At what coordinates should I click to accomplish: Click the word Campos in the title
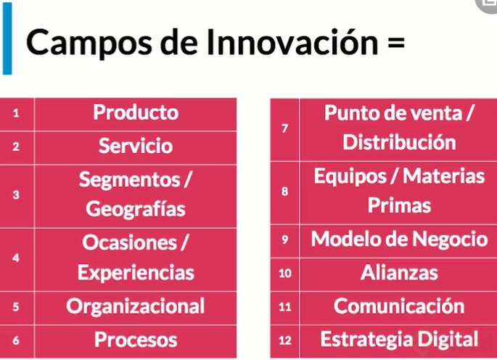[x=89, y=43]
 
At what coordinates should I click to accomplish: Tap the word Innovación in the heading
[x=292, y=41]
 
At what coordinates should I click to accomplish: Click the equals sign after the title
[x=396, y=43]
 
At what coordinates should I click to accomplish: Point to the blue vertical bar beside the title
[x=7, y=38]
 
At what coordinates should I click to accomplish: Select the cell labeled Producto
[x=136, y=114]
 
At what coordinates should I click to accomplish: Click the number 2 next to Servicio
[x=16, y=147]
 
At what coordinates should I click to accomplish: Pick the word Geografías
[x=136, y=209]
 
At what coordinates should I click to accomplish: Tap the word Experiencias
[x=136, y=273]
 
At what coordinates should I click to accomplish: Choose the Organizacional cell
[x=136, y=308]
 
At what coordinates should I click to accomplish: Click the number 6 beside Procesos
[x=16, y=340]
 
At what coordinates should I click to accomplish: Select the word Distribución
[x=399, y=142]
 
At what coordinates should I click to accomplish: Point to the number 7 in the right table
[x=285, y=128]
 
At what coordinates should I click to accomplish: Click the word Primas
[x=399, y=205]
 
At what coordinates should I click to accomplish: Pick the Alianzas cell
[x=399, y=274]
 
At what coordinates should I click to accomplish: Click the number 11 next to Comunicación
[x=285, y=307]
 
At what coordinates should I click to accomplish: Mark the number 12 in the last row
[x=285, y=340]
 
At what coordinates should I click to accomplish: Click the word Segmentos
[x=130, y=180]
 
